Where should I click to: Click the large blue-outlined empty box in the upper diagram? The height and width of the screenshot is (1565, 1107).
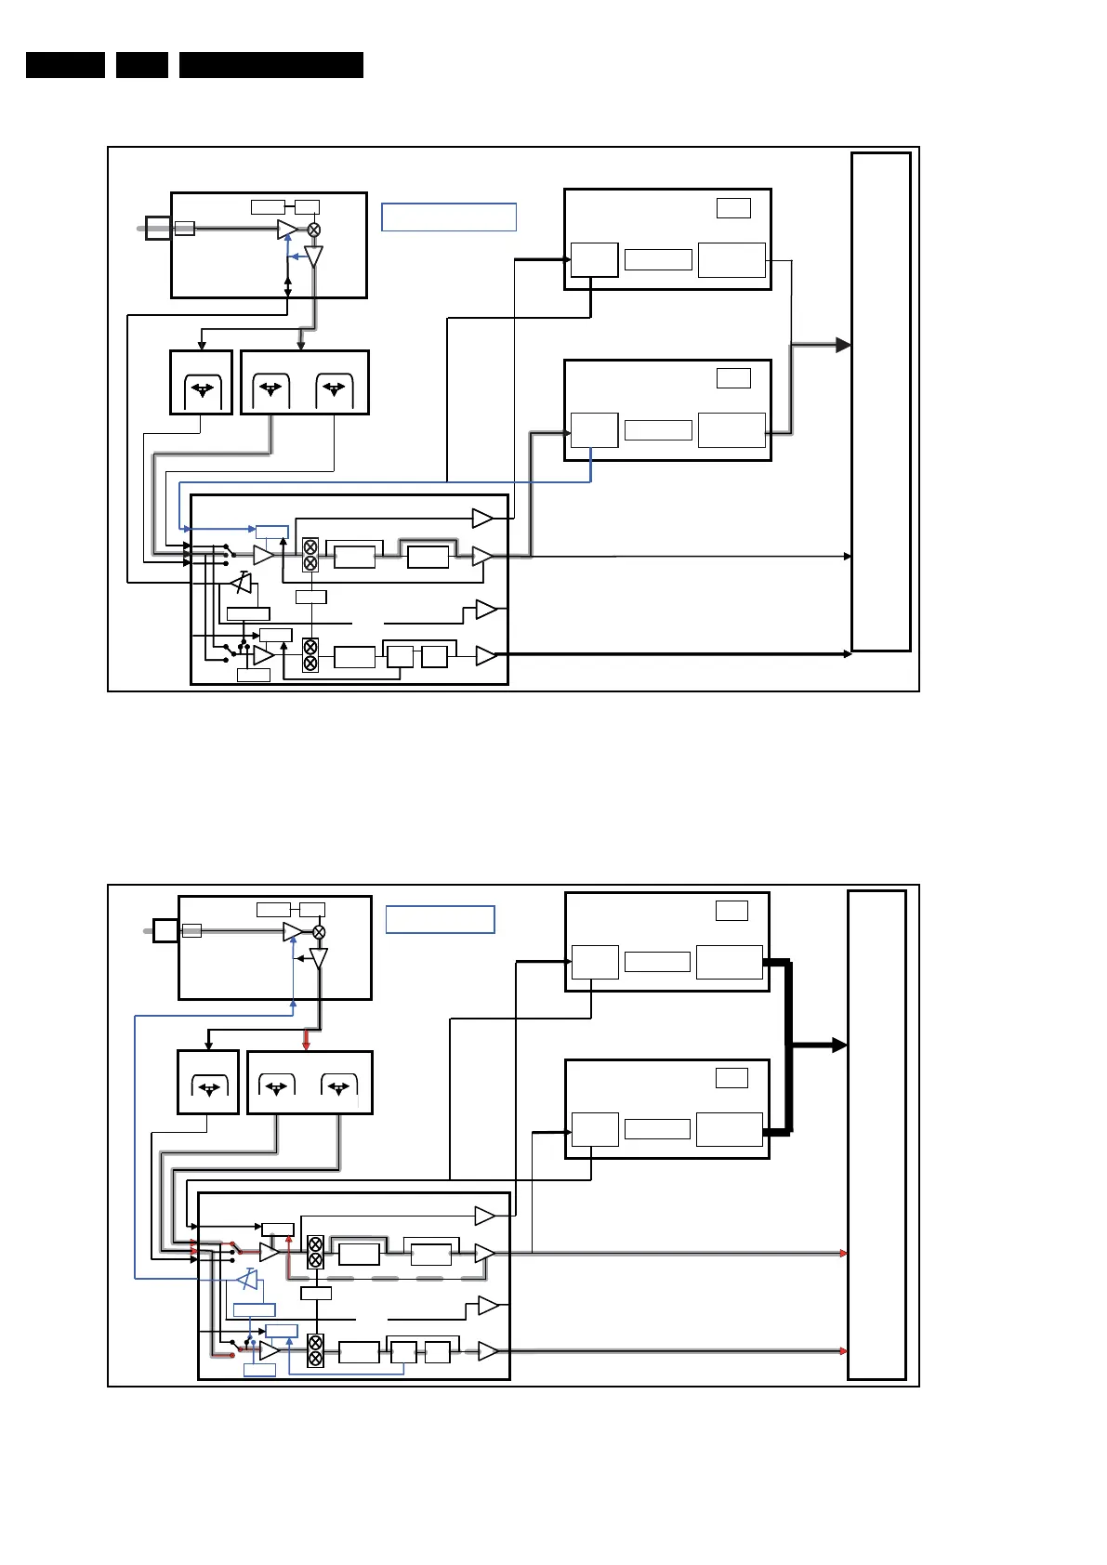[x=448, y=217]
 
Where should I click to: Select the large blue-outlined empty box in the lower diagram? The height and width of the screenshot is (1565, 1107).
[x=440, y=919]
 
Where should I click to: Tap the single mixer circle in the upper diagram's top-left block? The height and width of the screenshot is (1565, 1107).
[x=314, y=230]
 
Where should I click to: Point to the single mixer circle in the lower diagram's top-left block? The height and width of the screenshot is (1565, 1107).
[x=319, y=932]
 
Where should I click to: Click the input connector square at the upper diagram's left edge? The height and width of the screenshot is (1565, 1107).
[x=158, y=228]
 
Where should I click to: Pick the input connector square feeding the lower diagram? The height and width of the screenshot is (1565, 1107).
[x=165, y=930]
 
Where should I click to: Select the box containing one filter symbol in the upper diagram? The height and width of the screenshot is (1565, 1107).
[x=201, y=383]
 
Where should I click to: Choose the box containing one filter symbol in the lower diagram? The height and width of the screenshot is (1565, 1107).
[x=208, y=1083]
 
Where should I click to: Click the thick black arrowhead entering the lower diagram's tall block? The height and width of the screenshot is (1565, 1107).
[x=838, y=1046]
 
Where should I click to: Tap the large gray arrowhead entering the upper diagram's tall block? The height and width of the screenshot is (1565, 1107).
[x=843, y=345]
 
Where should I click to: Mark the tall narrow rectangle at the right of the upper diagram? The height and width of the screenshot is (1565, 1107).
[x=880, y=401]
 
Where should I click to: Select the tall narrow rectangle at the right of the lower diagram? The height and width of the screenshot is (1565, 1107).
[x=876, y=1135]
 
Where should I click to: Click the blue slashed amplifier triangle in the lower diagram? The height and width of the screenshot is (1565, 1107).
[x=247, y=1280]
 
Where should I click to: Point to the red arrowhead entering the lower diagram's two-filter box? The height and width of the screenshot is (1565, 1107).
[x=307, y=1046]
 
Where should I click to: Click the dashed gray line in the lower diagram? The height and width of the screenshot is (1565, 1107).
[x=390, y=1279]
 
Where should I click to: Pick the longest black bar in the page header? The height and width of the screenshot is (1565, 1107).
[x=270, y=65]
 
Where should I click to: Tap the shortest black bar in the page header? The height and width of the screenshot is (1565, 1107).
[x=142, y=65]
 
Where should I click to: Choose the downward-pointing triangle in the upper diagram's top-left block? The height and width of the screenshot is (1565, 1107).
[x=314, y=256]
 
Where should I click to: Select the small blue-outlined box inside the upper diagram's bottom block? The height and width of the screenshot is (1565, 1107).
[x=272, y=533]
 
